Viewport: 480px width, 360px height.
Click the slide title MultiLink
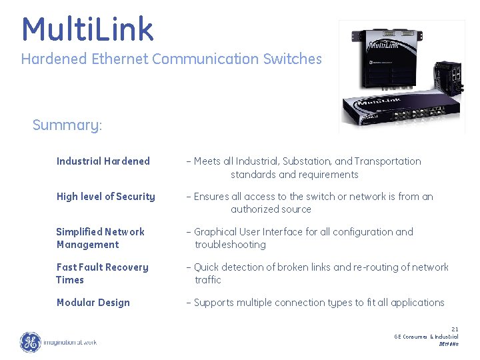tap(87, 29)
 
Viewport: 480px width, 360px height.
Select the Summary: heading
tap(67, 125)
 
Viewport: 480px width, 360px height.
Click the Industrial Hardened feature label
tap(103, 161)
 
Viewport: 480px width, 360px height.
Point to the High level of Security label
tap(106, 197)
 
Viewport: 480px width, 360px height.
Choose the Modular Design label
tap(93, 303)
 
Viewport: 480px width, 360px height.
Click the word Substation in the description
tap(307, 161)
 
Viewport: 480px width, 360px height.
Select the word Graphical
tap(217, 232)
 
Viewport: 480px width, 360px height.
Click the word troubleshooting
tap(230, 245)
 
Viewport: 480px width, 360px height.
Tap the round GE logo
tap(30, 342)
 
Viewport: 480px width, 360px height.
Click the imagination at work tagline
tap(70, 343)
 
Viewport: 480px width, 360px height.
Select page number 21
tap(455, 329)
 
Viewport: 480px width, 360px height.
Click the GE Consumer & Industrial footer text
tap(426, 337)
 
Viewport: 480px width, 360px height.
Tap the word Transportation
tap(388, 161)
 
